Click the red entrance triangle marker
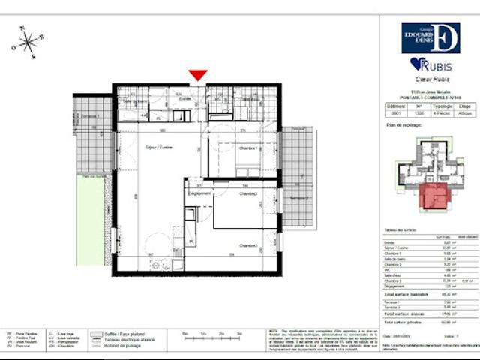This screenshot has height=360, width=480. [197, 75]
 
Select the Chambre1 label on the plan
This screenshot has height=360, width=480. [248, 148]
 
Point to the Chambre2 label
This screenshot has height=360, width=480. [248, 193]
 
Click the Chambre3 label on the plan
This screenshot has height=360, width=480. [248, 245]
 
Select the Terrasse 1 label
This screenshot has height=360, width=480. [91, 118]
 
